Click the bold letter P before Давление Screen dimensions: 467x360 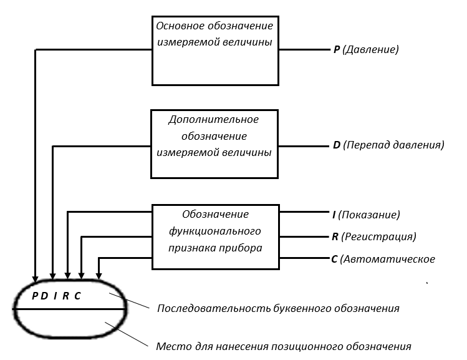click(x=337, y=49)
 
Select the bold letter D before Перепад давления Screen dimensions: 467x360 click(x=337, y=145)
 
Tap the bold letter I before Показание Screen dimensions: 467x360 click(x=334, y=215)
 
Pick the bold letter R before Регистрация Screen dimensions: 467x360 click(x=335, y=236)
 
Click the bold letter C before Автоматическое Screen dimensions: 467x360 click(x=334, y=259)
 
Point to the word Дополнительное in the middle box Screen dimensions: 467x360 click(x=213, y=120)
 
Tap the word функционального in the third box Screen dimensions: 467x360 click(x=215, y=231)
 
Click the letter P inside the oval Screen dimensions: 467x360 click(x=35, y=296)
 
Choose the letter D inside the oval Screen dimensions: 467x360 click(x=45, y=296)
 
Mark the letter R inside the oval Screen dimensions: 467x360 click(x=66, y=296)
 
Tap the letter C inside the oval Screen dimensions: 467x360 click(x=77, y=296)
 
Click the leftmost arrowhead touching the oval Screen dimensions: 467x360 click(x=36, y=278)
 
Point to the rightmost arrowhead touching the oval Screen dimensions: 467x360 click(x=99, y=276)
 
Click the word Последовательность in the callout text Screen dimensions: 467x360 click(x=214, y=308)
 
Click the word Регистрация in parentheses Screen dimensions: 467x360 click(x=378, y=237)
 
